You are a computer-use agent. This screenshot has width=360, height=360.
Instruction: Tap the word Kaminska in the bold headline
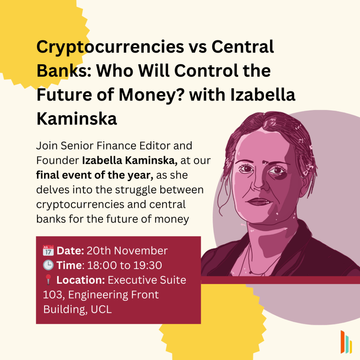tap(77, 119)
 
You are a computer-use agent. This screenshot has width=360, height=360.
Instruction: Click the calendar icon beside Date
tap(48, 250)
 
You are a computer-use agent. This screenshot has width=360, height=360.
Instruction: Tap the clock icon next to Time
tap(48, 265)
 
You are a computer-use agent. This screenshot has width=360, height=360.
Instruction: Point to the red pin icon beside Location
tap(48, 279)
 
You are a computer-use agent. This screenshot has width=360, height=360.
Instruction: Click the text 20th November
tap(127, 250)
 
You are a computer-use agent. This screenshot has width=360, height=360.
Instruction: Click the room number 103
tap(52, 295)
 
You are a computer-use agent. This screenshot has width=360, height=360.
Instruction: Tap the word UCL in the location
tap(101, 309)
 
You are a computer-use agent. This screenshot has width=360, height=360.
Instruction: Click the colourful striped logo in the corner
tap(346, 342)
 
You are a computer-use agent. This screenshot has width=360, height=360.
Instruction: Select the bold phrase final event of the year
tap(95, 175)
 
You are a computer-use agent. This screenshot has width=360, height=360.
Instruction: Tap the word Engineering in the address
tap(98, 295)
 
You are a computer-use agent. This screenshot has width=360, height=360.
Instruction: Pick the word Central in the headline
tap(243, 47)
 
